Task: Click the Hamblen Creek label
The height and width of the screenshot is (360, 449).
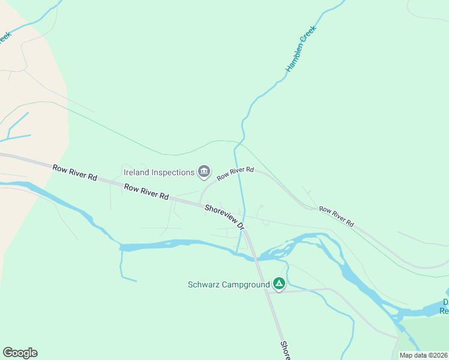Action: tap(301, 49)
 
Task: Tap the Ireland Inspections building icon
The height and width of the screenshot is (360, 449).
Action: tap(204, 172)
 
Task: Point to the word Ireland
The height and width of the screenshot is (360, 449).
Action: tap(136, 172)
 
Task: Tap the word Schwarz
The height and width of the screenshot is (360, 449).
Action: tap(202, 284)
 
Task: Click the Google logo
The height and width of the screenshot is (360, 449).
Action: tap(20, 353)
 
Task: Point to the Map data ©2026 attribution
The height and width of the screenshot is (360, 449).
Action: tap(423, 355)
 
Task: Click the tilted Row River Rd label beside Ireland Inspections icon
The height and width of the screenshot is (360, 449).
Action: tap(235, 174)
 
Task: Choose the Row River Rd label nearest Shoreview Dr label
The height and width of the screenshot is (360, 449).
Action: tap(146, 193)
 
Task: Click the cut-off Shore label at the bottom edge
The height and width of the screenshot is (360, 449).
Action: tap(285, 351)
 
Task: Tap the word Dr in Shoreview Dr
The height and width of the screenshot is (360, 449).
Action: tap(241, 226)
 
